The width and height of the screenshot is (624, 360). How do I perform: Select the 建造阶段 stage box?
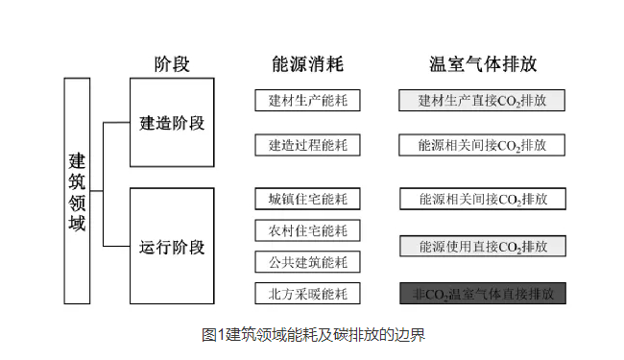(172, 124)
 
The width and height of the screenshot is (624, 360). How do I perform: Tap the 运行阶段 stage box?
(172, 247)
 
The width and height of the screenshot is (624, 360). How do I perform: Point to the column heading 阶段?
(173, 64)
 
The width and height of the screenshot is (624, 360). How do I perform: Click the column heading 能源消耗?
(307, 64)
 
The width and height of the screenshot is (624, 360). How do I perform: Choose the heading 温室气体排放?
(482, 64)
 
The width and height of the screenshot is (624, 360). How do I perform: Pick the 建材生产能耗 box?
(307, 100)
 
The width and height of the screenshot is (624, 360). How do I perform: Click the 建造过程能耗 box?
(307, 145)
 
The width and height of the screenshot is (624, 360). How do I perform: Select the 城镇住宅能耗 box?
(307, 200)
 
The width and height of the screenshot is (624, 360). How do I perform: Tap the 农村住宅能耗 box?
(307, 230)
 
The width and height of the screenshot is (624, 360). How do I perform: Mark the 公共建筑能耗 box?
(307, 262)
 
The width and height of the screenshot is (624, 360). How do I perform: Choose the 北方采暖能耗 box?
(307, 293)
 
